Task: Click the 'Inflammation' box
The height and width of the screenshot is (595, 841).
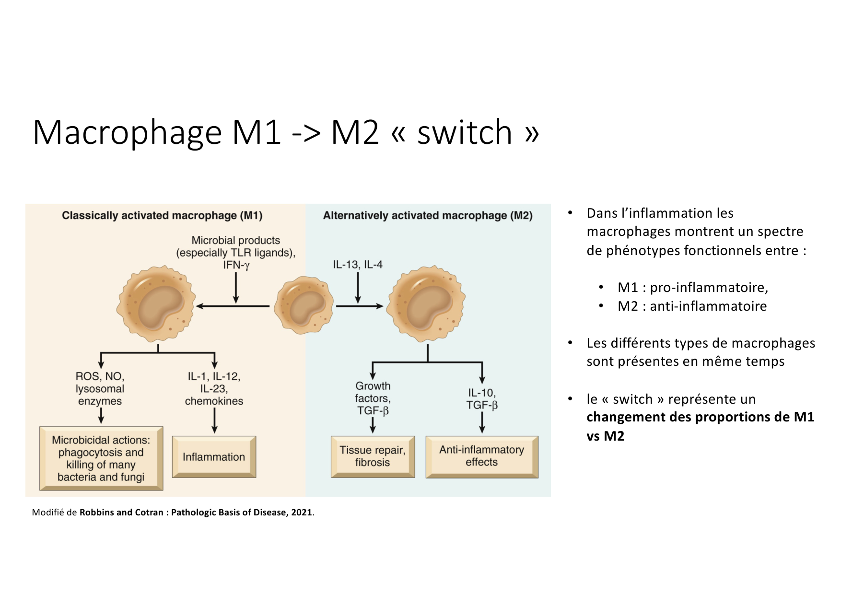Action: point(214,457)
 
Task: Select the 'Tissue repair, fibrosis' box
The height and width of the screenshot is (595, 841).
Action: point(373,456)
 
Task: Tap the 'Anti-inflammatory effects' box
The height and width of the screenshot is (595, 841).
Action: point(482,456)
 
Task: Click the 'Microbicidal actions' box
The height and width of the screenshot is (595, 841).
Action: point(101,458)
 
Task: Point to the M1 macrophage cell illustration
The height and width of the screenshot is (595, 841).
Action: point(156,303)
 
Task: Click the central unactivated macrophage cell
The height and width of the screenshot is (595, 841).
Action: point(304,305)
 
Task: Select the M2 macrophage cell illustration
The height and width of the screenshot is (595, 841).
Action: point(426,303)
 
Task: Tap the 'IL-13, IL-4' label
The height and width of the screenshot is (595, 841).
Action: point(358,265)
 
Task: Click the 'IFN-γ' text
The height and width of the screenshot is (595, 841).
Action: point(236,265)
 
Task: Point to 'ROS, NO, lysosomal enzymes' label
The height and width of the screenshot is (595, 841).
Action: point(100,389)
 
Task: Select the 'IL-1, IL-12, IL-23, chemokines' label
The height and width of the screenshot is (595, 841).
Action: point(214,389)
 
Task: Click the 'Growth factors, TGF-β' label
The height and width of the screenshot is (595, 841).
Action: point(373,398)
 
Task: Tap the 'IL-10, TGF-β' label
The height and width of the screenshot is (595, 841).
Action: point(482,399)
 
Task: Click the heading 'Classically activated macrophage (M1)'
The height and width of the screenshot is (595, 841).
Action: point(162,216)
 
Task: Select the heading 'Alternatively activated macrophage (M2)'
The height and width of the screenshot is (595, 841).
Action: point(428,216)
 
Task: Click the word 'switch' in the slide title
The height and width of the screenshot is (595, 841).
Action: point(465,132)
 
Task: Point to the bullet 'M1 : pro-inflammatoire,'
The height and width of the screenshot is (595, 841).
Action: point(692,287)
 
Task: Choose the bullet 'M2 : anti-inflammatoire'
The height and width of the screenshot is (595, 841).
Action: point(692,306)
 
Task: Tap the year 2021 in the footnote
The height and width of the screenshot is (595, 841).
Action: point(302,513)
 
